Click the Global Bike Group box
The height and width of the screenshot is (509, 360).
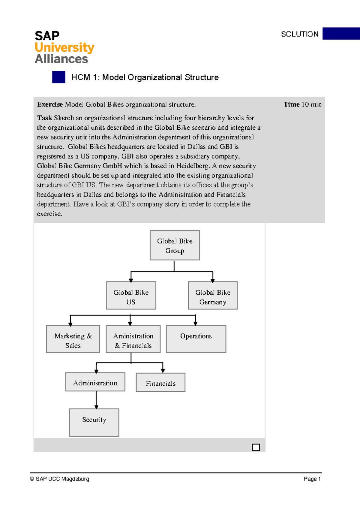pos(175,245)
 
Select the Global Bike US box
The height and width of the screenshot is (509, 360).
pos(131,295)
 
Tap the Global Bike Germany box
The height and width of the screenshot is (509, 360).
pos(213,295)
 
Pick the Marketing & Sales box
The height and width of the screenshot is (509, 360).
pos(73,339)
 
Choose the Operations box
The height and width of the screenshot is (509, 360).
pos(196,339)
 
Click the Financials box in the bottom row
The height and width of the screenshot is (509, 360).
pos(160,382)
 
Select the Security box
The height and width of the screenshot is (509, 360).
pos(94,422)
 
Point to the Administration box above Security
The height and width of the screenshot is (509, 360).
pos(95,382)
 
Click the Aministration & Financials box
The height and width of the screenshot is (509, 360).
pos(133,339)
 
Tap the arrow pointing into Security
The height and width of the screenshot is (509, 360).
pos(96,407)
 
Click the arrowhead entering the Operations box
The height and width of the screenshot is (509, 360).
pos(195,324)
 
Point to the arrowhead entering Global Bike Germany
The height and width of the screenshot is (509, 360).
pos(213,280)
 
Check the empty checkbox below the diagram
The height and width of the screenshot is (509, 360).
pos(256,447)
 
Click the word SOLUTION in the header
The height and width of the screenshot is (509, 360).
pos(300,34)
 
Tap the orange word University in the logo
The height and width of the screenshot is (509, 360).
pos(64,47)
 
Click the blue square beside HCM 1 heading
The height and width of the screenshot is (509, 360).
pos(59,77)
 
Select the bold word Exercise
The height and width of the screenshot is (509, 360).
pos(50,104)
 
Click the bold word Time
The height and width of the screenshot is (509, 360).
pos(292,104)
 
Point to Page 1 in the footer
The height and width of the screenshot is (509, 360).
pos(312,479)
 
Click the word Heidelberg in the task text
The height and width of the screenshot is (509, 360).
pos(192,166)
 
